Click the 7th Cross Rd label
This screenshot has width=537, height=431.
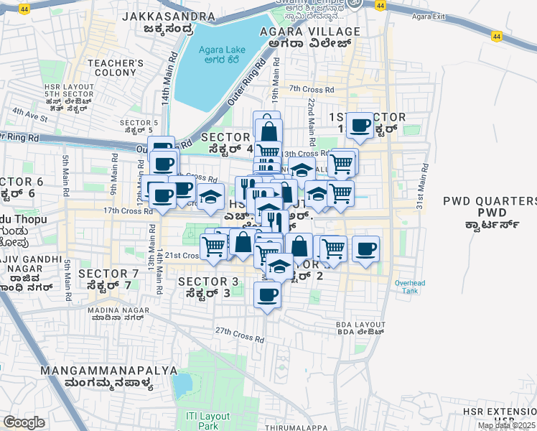pos(312,90)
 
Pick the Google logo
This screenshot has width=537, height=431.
pos(24,422)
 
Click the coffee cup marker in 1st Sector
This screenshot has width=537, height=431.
pos(360,125)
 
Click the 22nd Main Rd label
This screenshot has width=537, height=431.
pos(312,119)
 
